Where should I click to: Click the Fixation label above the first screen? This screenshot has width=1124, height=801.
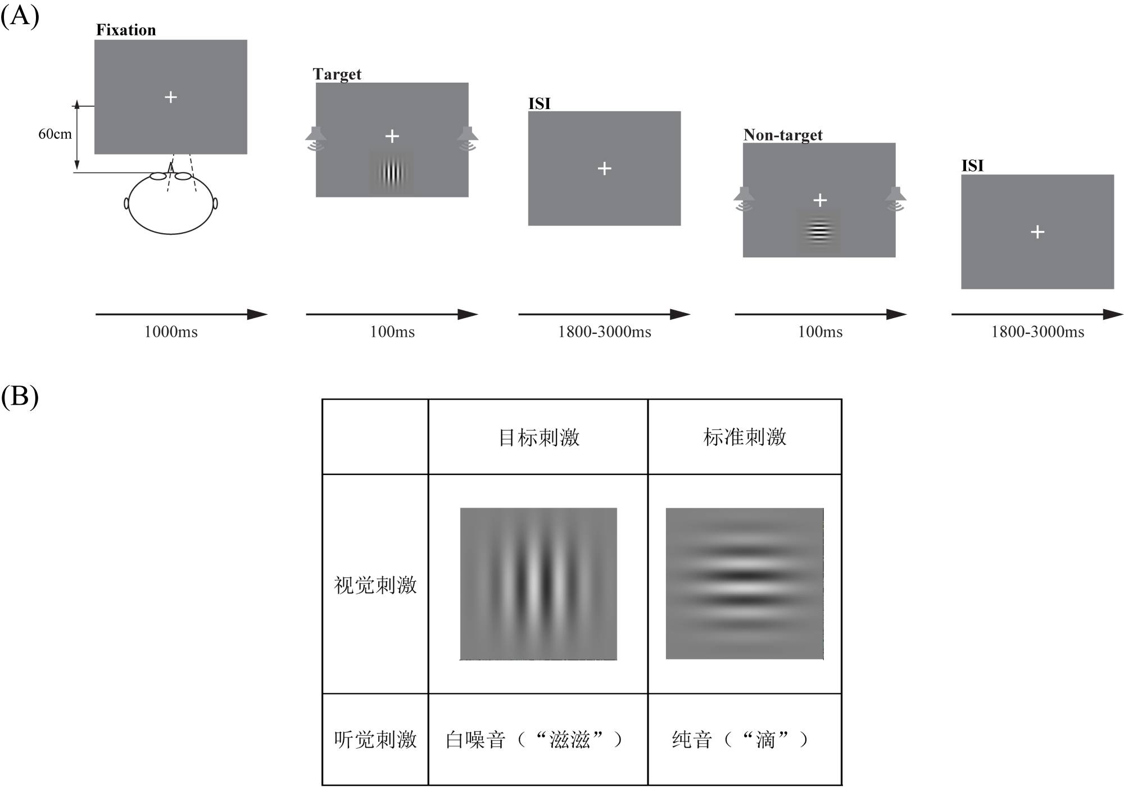(126, 30)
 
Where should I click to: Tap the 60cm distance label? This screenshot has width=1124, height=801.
(55, 134)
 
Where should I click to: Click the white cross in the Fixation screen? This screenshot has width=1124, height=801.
(171, 97)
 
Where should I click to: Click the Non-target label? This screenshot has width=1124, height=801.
(782, 135)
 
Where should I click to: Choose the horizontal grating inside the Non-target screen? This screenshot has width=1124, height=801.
(819, 232)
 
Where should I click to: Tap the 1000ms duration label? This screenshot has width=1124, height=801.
(171, 332)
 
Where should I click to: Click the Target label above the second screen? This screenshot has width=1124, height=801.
(337, 74)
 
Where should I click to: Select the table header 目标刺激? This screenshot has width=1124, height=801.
(538, 437)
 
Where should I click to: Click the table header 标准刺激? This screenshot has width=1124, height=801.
(745, 437)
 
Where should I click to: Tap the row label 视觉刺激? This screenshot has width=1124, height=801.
(375, 585)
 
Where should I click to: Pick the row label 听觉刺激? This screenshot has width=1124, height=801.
(375, 739)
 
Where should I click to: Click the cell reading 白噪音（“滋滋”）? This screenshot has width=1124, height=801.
(534, 739)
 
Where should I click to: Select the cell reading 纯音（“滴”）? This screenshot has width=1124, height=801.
(740, 739)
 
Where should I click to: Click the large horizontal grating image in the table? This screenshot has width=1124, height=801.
(745, 583)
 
